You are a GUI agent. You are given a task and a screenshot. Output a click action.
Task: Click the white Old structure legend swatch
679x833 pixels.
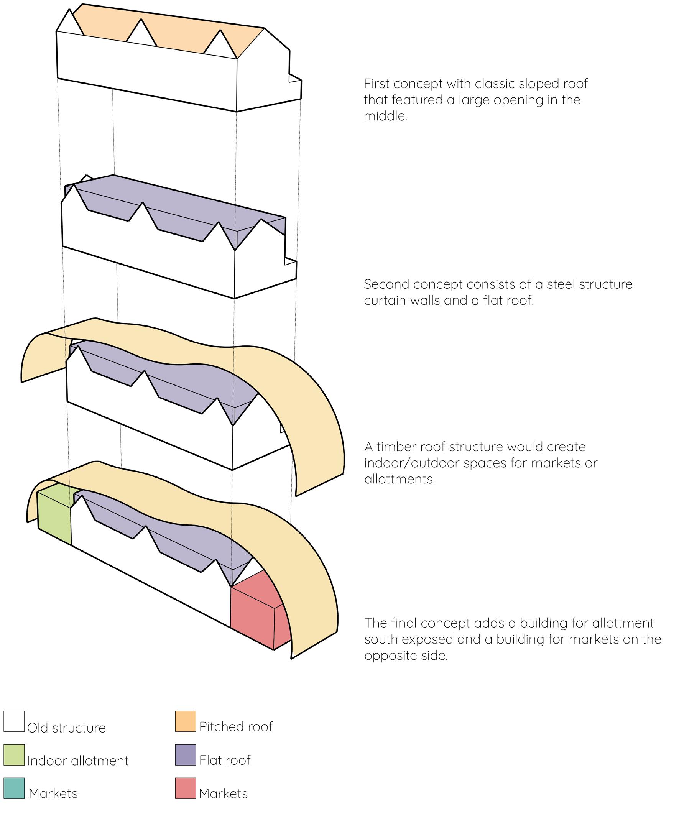tap(14, 721)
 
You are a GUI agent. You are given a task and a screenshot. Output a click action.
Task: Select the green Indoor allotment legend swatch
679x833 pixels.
tap(14, 754)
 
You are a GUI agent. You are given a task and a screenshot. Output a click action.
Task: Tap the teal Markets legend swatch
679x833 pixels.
tap(14, 788)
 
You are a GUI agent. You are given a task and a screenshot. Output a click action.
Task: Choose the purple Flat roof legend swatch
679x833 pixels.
tap(186, 754)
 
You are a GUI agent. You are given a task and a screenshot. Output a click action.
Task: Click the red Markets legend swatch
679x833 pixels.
tap(186, 788)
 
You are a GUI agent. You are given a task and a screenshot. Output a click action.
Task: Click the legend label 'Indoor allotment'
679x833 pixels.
tap(77, 761)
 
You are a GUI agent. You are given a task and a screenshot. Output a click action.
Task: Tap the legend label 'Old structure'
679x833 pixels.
tap(66, 728)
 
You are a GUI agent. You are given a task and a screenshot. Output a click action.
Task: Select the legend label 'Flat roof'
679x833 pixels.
tap(225, 760)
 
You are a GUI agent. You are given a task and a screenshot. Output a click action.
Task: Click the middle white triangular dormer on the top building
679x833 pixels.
tap(141, 34)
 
